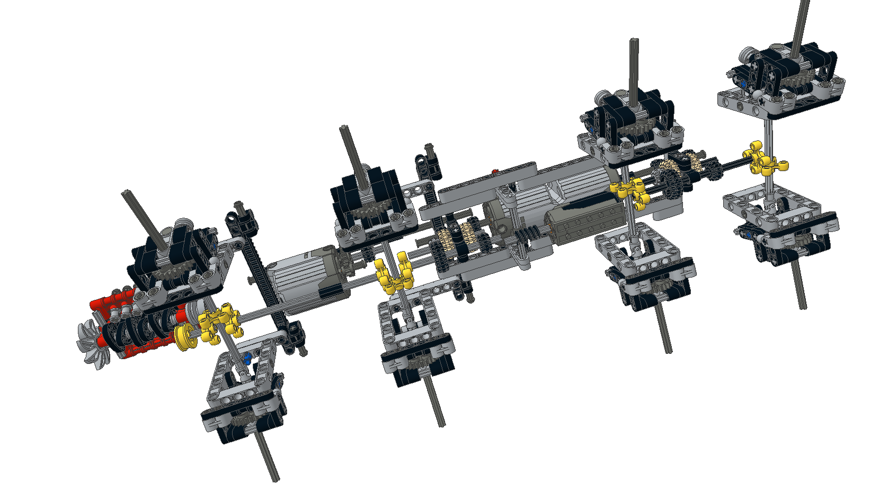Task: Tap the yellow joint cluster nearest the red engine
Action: pyautogui.click(x=220, y=322)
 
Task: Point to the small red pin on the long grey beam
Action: pyautogui.click(x=495, y=172)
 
